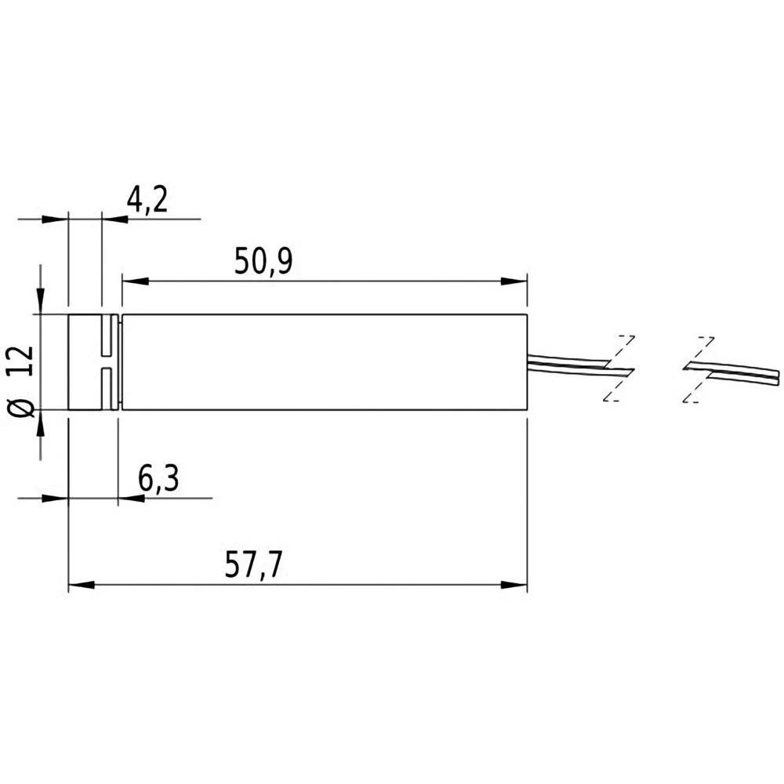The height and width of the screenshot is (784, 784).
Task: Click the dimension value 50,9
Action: [263, 263]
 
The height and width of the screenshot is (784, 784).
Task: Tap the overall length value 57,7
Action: [253, 566]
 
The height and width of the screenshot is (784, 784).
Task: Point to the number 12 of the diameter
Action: [23, 361]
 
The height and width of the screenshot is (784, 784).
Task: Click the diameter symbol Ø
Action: [23, 407]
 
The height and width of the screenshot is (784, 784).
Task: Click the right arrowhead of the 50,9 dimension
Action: [514, 281]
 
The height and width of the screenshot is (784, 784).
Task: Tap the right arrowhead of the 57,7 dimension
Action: [514, 584]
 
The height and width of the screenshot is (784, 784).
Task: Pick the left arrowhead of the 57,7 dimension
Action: [82, 584]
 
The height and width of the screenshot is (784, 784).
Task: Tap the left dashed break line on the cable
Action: [618, 368]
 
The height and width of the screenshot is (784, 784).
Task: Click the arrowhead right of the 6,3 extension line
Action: [131, 498]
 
